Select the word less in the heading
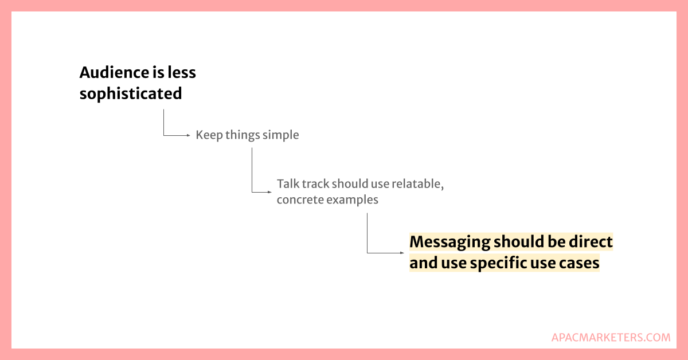pyautogui.click(x=182, y=72)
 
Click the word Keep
pyautogui.click(x=209, y=135)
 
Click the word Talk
pyautogui.click(x=288, y=183)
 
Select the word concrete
pyautogui.click(x=300, y=200)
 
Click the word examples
pyautogui.click(x=352, y=200)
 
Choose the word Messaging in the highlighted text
pyautogui.click(x=449, y=242)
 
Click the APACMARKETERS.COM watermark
pyautogui.click(x=611, y=338)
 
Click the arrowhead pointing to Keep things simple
pyautogui.click(x=189, y=135)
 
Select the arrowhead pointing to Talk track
pyautogui.click(x=269, y=192)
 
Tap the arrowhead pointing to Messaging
pyautogui.click(x=402, y=253)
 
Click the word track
pyautogui.click(x=315, y=183)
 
